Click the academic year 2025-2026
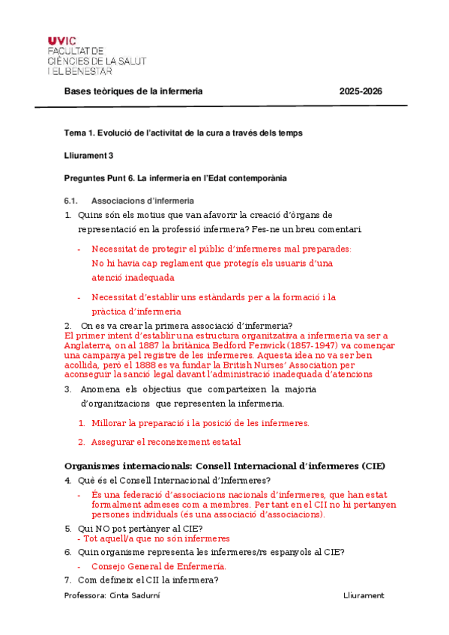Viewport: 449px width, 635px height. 361,91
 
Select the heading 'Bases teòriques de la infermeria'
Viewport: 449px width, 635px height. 133,91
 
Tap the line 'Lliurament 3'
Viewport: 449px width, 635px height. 88,156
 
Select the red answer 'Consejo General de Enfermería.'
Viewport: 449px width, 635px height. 159,566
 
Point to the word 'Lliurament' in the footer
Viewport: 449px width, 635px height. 363,595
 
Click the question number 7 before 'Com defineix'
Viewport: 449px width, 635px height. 67,580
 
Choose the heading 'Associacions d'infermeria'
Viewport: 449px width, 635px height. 142,201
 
